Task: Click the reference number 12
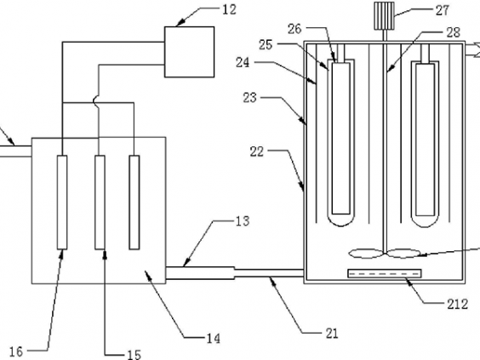pyautogui.click(x=229, y=10)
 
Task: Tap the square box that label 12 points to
pyautogui.click(x=189, y=52)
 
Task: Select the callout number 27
pyautogui.click(x=443, y=11)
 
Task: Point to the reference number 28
pyautogui.click(x=454, y=32)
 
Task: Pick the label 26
pyautogui.click(x=294, y=29)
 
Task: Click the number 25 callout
pyautogui.click(x=266, y=45)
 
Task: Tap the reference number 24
pyautogui.click(x=243, y=63)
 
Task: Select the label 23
pyautogui.click(x=250, y=98)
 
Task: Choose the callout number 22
pyautogui.click(x=257, y=151)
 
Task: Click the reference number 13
pyautogui.click(x=243, y=221)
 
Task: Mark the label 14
pyautogui.click(x=214, y=339)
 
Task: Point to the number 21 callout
pyautogui.click(x=332, y=334)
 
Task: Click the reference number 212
pyautogui.click(x=458, y=304)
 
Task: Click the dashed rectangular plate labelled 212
pyautogui.click(x=385, y=273)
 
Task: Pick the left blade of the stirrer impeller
pyautogui.click(x=365, y=254)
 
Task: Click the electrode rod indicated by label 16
pyautogui.click(x=62, y=202)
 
